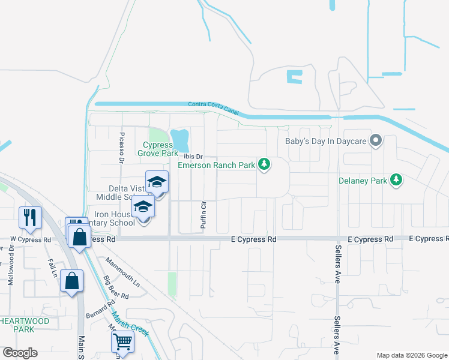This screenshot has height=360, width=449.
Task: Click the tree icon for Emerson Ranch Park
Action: pyautogui.click(x=264, y=163)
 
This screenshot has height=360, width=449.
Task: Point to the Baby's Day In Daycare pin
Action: pyautogui.click(x=376, y=141)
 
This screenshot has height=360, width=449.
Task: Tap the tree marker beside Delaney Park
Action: pyautogui.click(x=396, y=179)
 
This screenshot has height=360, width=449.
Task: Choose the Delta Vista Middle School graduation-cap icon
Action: pyautogui.click(x=157, y=181)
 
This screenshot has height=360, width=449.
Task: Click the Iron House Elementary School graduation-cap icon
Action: pyautogui.click(x=143, y=206)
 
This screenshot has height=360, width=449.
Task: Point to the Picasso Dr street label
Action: pyautogui.click(x=121, y=147)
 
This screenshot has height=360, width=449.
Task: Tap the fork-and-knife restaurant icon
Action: pyautogui.click(x=30, y=217)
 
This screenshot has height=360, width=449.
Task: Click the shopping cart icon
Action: pyautogui.click(x=122, y=342)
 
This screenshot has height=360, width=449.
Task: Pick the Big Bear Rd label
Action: pyautogui.click(x=115, y=287)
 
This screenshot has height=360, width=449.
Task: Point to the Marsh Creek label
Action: pyautogui.click(x=127, y=316)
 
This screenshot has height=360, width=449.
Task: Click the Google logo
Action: pyautogui.click(x=20, y=353)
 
